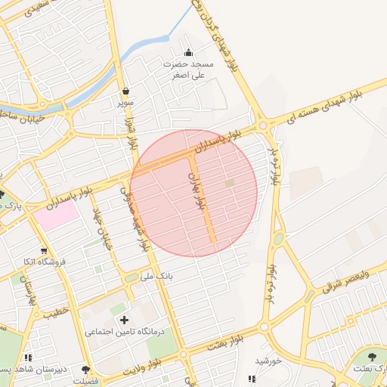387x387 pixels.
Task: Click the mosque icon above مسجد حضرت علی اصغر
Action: [188, 53]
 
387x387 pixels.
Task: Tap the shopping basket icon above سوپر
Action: [125, 91]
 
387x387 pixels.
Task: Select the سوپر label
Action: [125, 101]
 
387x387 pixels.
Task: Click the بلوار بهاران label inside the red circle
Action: [197, 190]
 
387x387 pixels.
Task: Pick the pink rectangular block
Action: [56, 215]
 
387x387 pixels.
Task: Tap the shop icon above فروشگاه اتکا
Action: [44, 250]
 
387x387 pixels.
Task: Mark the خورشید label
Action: [268, 361]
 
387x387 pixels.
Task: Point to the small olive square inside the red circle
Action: [230, 183]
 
